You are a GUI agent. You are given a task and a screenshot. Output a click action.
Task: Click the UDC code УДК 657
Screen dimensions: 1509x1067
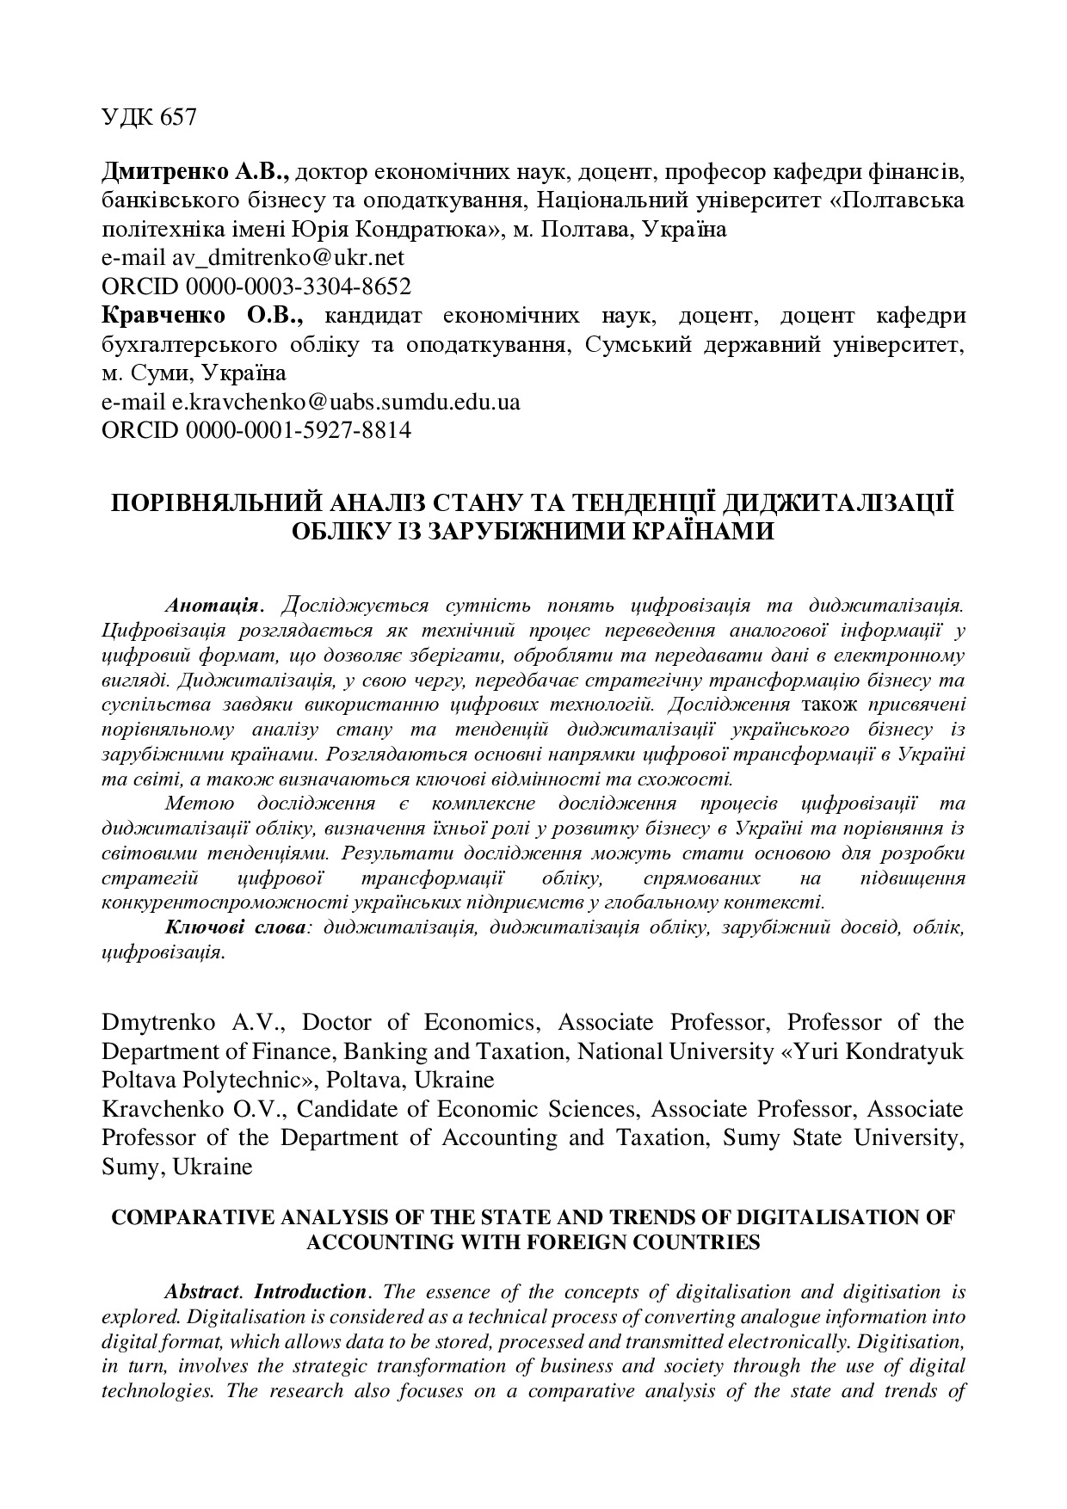(x=149, y=117)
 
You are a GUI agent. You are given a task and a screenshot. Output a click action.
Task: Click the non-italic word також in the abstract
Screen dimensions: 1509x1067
(x=830, y=705)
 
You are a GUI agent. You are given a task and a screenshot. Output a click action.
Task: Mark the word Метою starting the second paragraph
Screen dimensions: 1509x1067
(x=199, y=804)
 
